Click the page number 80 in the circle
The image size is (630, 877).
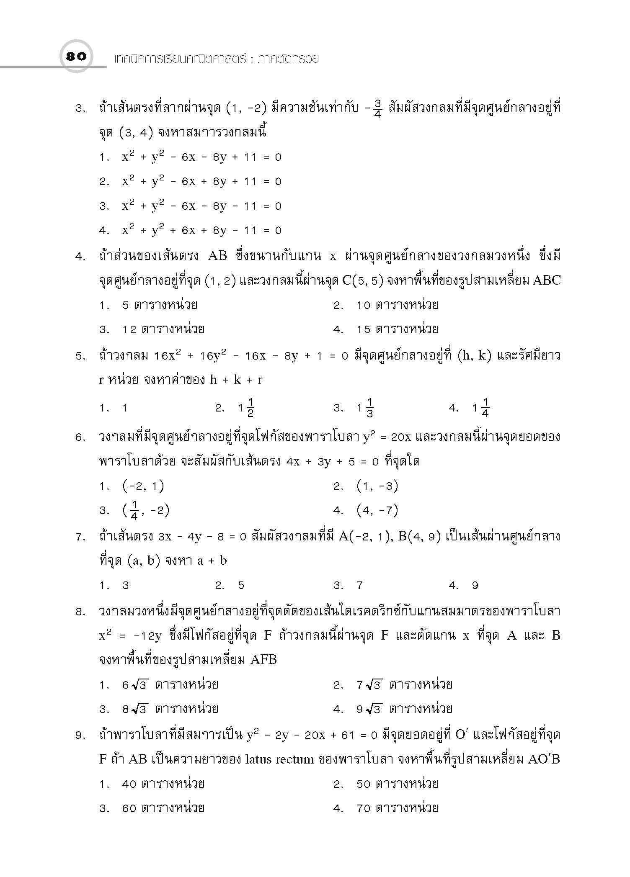tap(76, 57)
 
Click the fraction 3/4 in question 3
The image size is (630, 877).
tap(377, 109)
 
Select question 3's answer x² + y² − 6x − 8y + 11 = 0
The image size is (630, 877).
tap(201, 157)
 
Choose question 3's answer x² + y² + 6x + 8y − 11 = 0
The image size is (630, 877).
tap(201, 230)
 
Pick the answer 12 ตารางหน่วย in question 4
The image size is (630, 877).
tap(163, 329)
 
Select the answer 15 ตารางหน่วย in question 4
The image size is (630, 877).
tap(397, 329)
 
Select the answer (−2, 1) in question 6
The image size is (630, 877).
tap(143, 486)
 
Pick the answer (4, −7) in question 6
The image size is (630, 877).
tap(377, 510)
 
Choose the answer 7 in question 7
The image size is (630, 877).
tap(359, 586)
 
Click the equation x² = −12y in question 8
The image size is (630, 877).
tap(130, 636)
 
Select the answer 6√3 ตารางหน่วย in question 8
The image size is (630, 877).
tap(170, 685)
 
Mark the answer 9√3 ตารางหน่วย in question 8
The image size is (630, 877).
tap(404, 710)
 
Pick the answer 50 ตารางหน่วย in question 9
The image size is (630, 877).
tap(397, 784)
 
